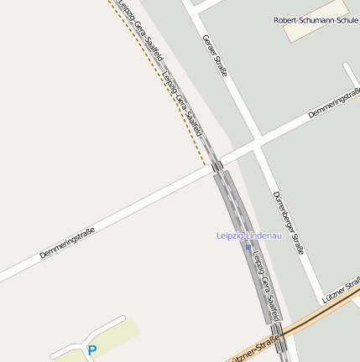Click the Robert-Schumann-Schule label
pyautogui.click(x=316, y=20)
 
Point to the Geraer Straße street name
pyautogui.click(x=216, y=55)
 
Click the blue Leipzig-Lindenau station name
pyautogui.click(x=247, y=236)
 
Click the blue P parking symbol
pyautogui.click(x=92, y=350)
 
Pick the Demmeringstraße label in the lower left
pyautogui.click(x=67, y=242)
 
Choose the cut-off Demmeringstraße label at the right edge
pyautogui.click(x=334, y=102)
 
